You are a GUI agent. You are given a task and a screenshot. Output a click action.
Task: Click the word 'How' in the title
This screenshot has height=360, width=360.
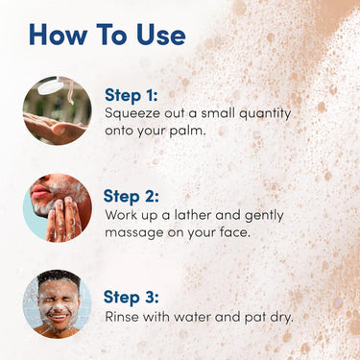pyautogui.click(x=58, y=35)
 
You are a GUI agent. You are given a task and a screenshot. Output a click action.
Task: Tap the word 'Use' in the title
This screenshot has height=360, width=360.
pyautogui.click(x=161, y=35)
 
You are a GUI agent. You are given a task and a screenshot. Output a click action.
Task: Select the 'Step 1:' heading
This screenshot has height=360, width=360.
pyautogui.click(x=132, y=95)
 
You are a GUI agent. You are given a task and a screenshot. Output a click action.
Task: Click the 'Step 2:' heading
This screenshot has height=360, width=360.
pyautogui.click(x=132, y=196)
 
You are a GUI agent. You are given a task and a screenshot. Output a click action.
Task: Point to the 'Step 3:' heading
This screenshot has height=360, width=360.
pyautogui.click(x=132, y=297)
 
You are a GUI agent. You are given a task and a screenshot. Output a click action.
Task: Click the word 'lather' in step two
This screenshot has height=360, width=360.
pyautogui.click(x=193, y=215)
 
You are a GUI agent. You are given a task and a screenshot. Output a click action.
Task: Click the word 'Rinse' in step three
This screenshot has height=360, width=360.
pyautogui.click(x=122, y=317)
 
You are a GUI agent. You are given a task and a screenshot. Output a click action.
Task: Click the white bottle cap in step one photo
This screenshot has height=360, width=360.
pyautogui.click(x=50, y=86)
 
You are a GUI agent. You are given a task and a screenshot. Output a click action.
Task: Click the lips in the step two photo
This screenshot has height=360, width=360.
pyautogui.click(x=40, y=192)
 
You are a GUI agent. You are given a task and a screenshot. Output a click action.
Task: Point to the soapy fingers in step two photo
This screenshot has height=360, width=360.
pyautogui.click(x=63, y=218)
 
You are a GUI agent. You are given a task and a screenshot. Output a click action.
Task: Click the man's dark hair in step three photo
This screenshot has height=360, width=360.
pyautogui.click(x=59, y=276)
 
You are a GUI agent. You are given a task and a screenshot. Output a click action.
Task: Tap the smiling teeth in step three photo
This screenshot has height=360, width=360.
pyautogui.click(x=58, y=318)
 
